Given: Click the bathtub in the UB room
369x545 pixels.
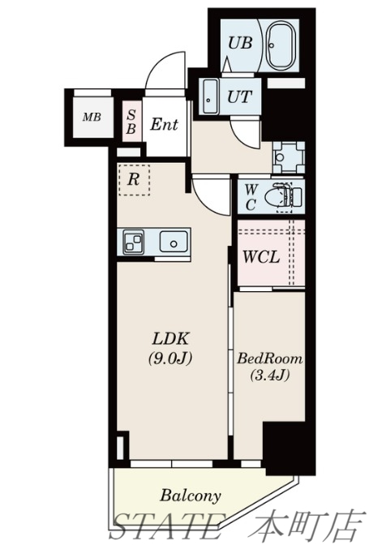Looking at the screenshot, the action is [x=281, y=45].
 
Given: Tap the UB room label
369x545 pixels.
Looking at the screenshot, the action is [x=240, y=44].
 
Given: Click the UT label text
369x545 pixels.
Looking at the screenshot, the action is [x=239, y=97].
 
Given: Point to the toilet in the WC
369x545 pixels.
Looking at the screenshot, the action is [x=283, y=197].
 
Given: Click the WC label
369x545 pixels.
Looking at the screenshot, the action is [x=251, y=197].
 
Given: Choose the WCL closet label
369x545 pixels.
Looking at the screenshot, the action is [x=261, y=257].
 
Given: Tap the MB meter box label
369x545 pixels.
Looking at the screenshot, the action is [x=92, y=117].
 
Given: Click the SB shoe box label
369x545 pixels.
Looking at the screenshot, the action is [x=131, y=122].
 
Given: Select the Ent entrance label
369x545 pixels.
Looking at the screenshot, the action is [x=164, y=124].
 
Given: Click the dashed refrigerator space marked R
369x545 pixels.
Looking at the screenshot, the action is [x=134, y=180].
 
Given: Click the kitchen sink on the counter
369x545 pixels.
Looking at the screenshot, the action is [x=174, y=242].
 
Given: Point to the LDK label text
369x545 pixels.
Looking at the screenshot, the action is [x=170, y=339].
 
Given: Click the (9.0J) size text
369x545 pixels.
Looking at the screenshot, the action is [x=170, y=358].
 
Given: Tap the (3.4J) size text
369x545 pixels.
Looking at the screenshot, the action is [x=269, y=375].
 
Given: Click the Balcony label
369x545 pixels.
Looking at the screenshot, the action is [x=191, y=496].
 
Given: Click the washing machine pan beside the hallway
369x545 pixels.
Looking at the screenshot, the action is [x=289, y=157].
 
